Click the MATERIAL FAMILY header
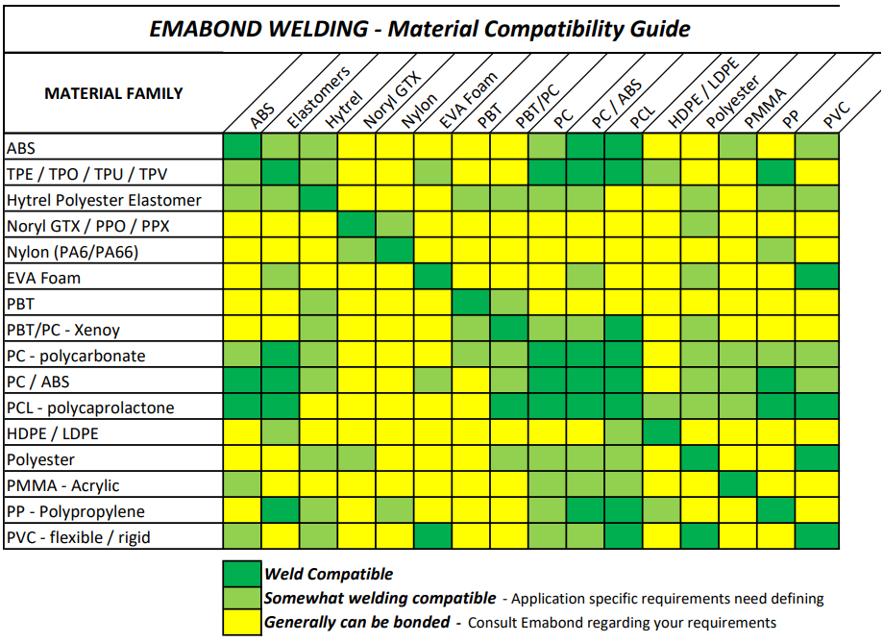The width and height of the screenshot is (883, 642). click(113, 93)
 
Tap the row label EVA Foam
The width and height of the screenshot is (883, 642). click(43, 278)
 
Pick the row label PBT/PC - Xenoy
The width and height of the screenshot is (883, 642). click(63, 330)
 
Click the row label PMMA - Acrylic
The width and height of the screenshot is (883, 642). click(63, 485)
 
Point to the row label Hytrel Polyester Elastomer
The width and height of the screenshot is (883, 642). click(104, 200)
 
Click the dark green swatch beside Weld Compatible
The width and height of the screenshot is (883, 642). click(242, 574)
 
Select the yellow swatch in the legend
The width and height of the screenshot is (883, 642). click(242, 622)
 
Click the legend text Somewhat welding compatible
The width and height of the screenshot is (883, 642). click(380, 598)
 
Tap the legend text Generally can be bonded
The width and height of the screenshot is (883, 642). click(361, 622)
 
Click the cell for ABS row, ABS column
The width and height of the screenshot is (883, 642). click(242, 147)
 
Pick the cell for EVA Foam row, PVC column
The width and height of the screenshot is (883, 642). click(817, 278)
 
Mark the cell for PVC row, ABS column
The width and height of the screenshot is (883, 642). click(242, 537)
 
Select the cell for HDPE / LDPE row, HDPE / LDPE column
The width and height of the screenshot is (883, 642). click(662, 433)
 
